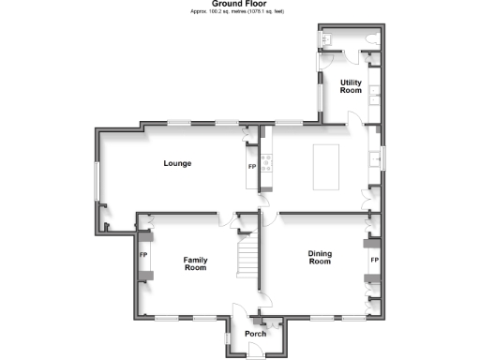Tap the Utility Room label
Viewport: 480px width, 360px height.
tap(351, 86)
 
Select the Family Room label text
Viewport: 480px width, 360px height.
tap(195, 263)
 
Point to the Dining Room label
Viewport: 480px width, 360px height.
tap(321, 258)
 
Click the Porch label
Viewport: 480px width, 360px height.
tap(255, 334)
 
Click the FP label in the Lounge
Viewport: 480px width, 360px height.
tap(251, 167)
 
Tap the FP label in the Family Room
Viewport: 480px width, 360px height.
tap(144, 254)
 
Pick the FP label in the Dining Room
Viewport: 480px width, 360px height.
tap(374, 259)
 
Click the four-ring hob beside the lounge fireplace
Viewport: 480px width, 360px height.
tap(265, 164)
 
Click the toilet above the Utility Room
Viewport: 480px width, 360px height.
tap(373, 40)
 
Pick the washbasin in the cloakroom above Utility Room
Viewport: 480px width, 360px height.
tap(328, 40)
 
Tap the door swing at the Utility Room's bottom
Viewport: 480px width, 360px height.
tap(356, 118)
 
